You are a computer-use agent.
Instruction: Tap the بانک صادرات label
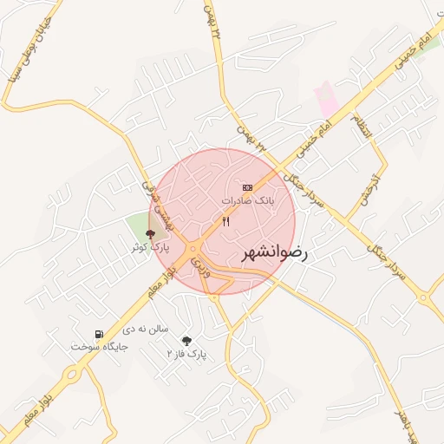tap(247, 200)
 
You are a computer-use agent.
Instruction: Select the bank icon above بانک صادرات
tap(247, 187)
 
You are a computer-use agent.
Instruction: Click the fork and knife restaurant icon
tap(226, 222)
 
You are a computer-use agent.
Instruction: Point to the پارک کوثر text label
tap(150, 247)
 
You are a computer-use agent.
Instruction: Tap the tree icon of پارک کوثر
tap(150, 233)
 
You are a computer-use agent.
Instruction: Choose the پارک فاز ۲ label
tap(186, 355)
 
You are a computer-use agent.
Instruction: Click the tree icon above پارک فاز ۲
tap(186, 341)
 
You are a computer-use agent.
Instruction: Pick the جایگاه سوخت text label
tap(99, 347)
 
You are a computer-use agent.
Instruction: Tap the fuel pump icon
tap(99, 334)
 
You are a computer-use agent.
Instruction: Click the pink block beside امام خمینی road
tap(328, 100)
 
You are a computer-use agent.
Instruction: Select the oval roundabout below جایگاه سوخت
tap(70, 375)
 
